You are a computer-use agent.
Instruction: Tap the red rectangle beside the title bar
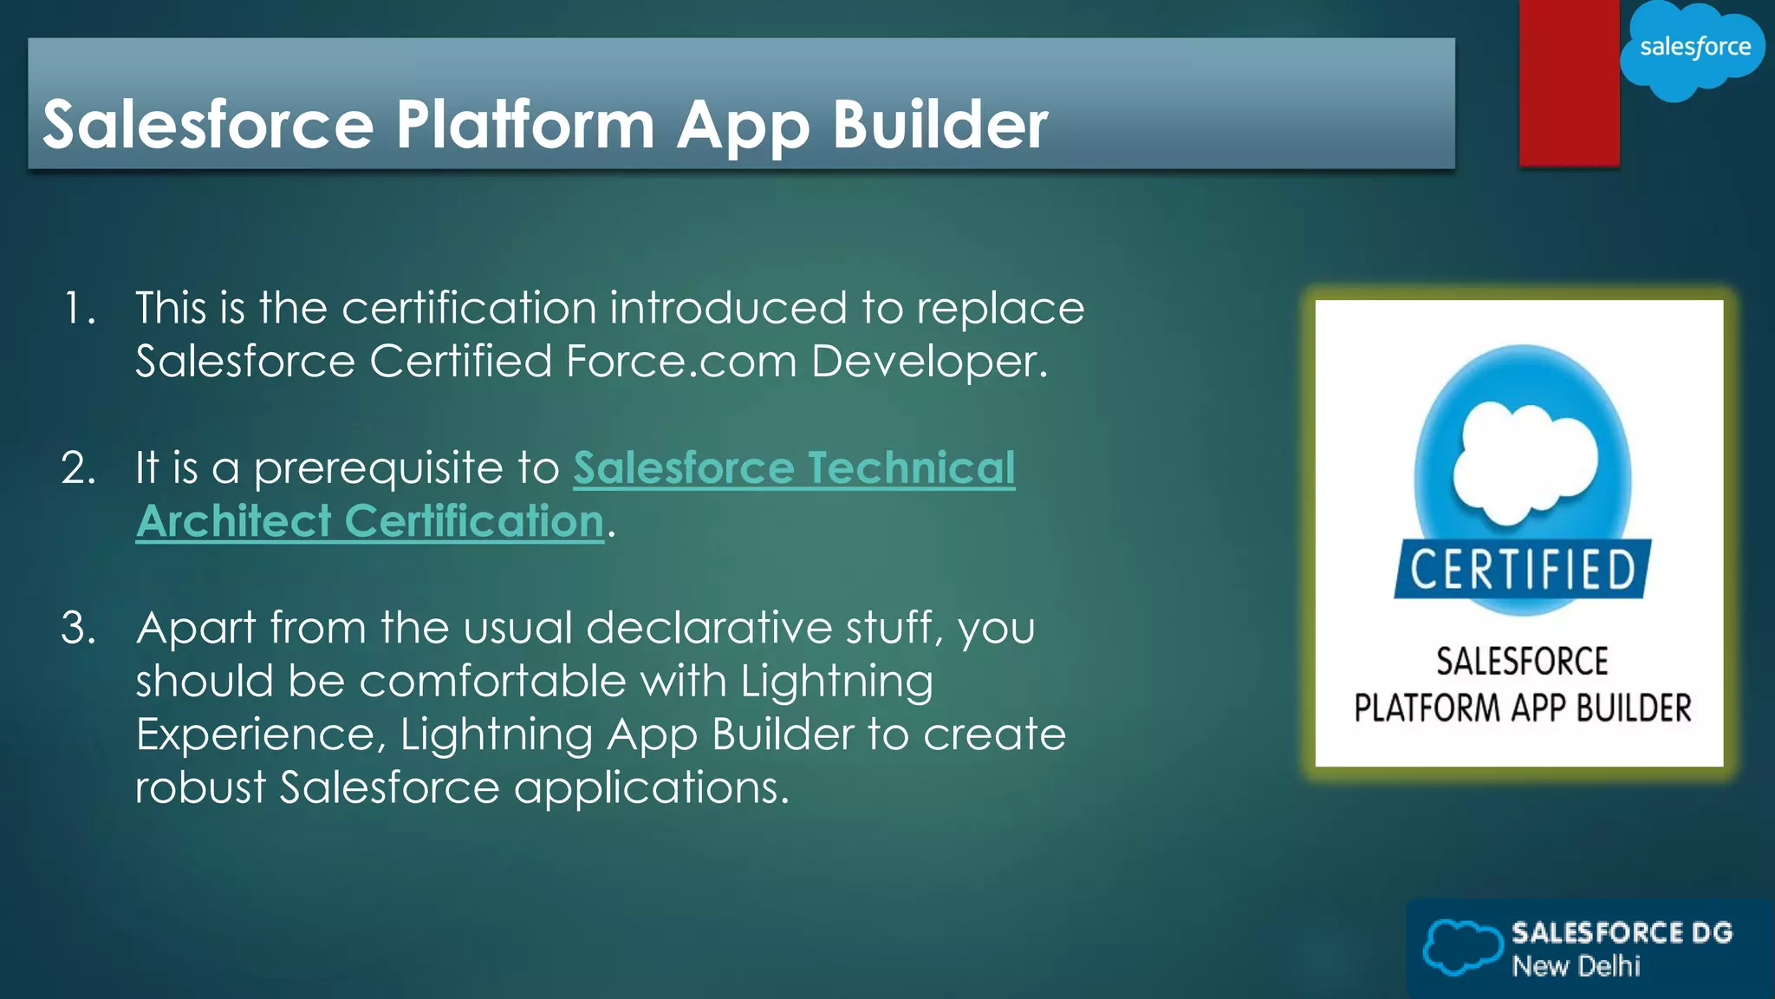[1569, 82]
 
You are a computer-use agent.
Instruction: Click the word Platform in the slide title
[525, 124]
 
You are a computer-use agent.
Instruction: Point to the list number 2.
[78, 468]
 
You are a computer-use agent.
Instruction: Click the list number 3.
[78, 628]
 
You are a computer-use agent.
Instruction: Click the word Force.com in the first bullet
[680, 362]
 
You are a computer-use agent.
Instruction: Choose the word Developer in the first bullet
[929, 362]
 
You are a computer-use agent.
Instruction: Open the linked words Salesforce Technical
[793, 468]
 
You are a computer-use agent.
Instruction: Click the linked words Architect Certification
[370, 522]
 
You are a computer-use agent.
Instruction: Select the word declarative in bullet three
[708, 628]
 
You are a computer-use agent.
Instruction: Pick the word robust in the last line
[200, 788]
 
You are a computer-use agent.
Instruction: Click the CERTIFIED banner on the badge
[1522, 570]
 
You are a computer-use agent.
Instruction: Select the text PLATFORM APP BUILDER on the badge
[1522, 708]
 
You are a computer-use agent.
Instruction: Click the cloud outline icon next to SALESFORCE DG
[1462, 947]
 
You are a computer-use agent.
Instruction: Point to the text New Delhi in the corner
[1576, 966]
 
